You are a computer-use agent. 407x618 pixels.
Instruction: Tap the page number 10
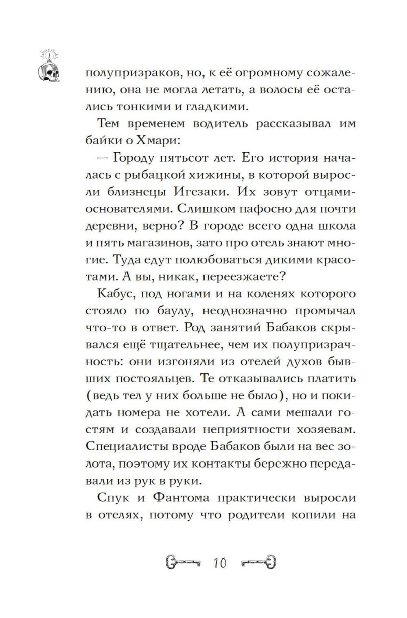(220, 563)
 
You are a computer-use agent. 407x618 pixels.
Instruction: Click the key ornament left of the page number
(184, 563)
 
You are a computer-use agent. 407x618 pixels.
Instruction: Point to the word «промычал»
(324, 311)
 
